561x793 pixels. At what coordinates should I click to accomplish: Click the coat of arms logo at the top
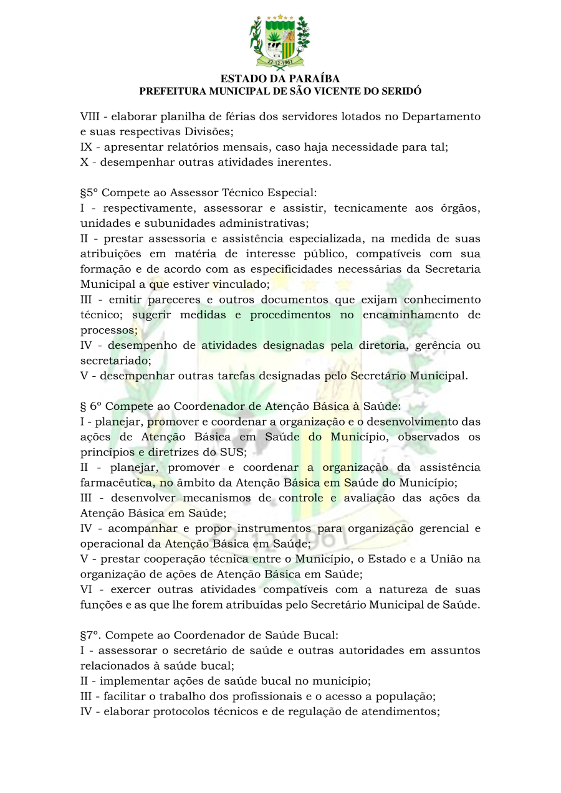pyautogui.click(x=280, y=41)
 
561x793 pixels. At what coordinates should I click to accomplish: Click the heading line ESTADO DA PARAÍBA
pyautogui.click(x=280, y=79)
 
